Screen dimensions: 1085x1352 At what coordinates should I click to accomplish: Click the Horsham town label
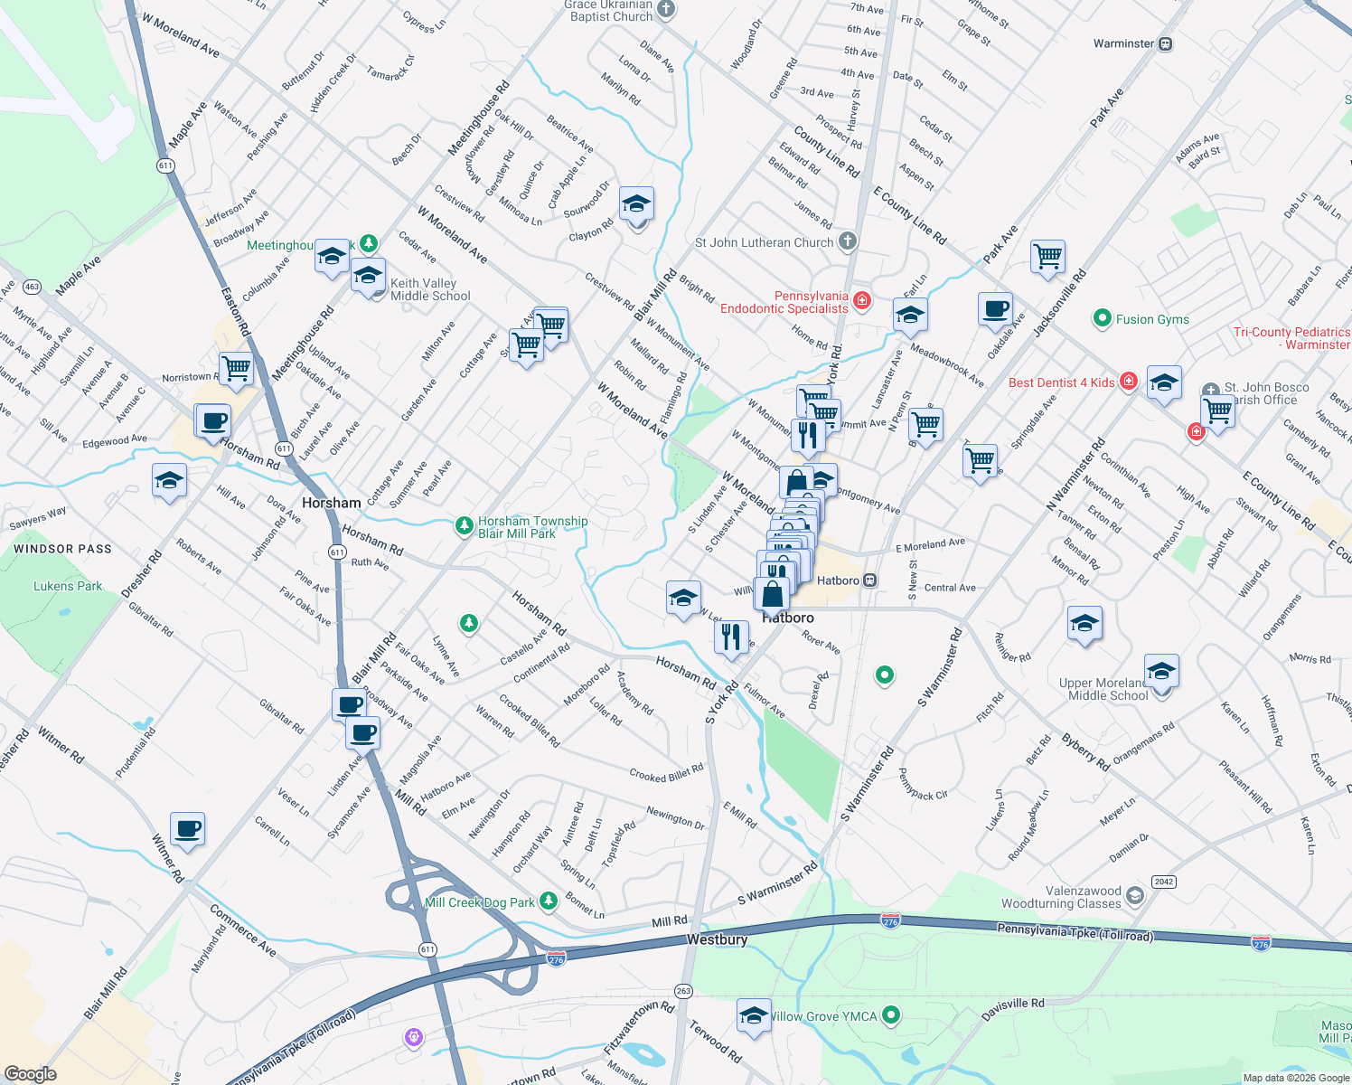click(331, 503)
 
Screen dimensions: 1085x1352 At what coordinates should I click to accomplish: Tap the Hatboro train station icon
click(869, 580)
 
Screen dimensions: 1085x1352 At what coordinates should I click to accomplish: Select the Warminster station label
click(1123, 43)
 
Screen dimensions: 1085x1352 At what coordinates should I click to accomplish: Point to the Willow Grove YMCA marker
click(891, 1015)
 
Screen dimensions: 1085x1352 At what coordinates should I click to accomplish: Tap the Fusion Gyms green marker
click(1102, 318)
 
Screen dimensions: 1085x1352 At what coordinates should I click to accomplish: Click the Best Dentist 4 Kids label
click(1061, 382)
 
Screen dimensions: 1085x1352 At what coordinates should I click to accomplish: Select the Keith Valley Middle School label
click(430, 289)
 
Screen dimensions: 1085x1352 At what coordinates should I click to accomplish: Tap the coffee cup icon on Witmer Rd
click(187, 828)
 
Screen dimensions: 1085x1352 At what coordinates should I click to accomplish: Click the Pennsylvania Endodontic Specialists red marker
click(861, 300)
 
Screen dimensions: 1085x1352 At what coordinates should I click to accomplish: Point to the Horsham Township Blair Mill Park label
click(532, 527)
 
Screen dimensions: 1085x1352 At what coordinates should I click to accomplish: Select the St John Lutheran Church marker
click(847, 241)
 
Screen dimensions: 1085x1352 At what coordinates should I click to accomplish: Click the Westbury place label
click(717, 939)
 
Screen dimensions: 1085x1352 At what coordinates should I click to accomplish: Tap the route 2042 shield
click(1163, 882)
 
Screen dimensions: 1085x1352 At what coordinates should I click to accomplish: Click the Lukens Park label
click(68, 586)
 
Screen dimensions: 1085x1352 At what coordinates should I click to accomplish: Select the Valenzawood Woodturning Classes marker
click(1135, 896)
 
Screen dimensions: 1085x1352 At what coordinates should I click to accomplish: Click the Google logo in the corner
click(30, 1073)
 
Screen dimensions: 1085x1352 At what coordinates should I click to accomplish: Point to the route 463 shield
click(33, 287)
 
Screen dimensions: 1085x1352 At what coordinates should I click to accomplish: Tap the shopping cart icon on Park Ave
click(1047, 257)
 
